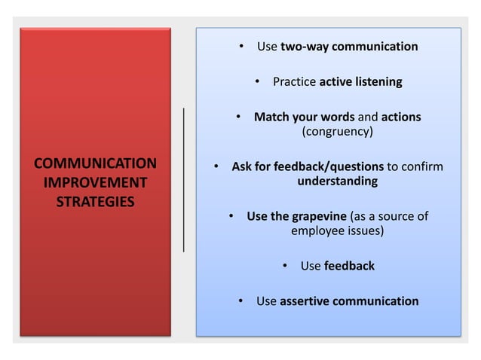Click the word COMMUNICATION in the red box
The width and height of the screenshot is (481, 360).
[96, 163]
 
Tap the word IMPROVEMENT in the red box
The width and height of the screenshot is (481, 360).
[96, 183]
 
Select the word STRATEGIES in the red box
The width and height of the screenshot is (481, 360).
[96, 203]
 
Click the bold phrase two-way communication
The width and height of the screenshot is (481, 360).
[348, 47]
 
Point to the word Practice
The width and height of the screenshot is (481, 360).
[295, 81]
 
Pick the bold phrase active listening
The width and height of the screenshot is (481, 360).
[360, 81]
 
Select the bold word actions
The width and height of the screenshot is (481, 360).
[401, 117]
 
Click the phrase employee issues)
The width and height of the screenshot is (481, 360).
[337, 232]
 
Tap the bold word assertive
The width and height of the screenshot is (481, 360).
[305, 301]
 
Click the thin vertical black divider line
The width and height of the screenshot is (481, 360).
[183, 178]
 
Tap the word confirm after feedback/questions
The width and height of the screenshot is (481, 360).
[424, 166]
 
